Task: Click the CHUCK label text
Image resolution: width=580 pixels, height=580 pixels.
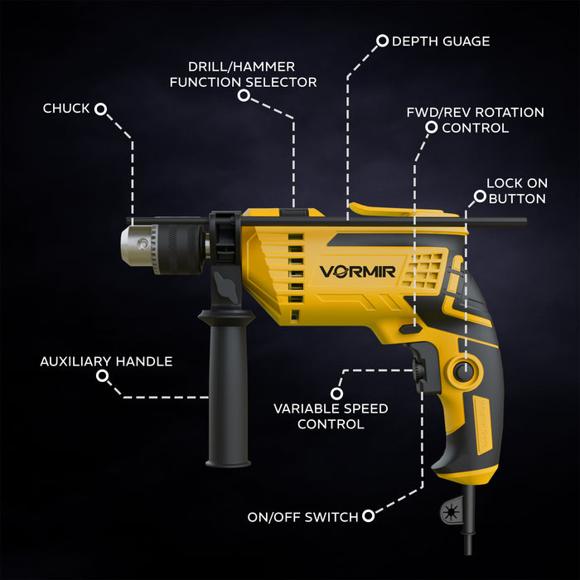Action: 65,109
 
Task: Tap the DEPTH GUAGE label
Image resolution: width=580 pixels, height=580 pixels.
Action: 440,41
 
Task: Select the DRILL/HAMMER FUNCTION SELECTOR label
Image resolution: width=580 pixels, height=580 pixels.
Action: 243,74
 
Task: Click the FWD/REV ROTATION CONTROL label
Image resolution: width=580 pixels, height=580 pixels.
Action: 475,119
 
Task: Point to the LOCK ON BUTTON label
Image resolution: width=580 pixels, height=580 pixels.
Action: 516,190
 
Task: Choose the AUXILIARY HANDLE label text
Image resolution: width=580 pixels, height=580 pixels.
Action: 106,361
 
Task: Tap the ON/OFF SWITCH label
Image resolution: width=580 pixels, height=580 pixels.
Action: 302,517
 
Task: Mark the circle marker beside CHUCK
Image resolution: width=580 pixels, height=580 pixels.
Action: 101,109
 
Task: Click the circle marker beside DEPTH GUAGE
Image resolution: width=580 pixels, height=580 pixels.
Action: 382,40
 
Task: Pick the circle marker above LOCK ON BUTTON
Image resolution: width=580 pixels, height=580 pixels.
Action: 479,196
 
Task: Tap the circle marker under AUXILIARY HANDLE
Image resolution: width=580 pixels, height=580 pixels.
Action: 102,376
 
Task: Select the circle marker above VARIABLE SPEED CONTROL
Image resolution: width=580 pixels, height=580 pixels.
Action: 336,393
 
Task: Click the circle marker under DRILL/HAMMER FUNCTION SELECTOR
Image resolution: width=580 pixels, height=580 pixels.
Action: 244,96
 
